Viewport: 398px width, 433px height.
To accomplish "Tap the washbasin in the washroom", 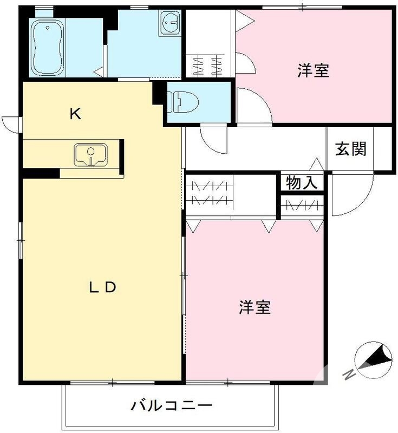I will pos(170,23).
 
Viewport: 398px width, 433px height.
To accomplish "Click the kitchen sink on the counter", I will pos(90,155).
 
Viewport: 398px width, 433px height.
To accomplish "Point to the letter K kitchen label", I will pos(75,114).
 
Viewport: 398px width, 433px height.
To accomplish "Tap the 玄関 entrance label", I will pos(350,149).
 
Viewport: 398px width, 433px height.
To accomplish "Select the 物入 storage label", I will pos(301,183).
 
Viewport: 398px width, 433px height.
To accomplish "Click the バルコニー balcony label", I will pos(171,405).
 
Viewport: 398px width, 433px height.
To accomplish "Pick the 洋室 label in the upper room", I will pos(313,70).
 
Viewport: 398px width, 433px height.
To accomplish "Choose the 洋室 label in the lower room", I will pos(255,307).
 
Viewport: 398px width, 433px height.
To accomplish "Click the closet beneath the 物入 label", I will pos(302,206).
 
